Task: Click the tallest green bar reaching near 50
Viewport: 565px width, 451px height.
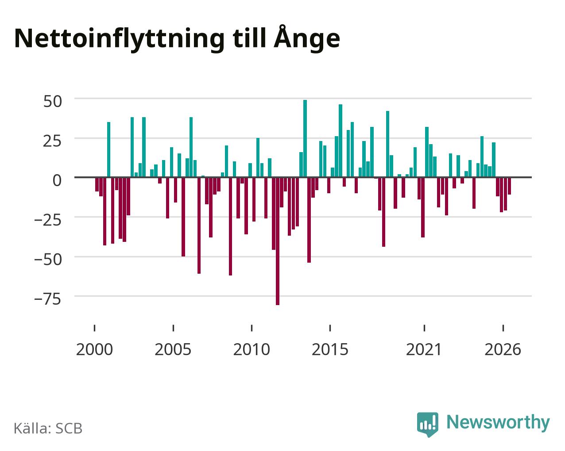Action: click(305, 138)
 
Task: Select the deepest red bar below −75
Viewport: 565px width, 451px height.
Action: click(278, 241)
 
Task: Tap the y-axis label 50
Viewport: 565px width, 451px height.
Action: click(53, 102)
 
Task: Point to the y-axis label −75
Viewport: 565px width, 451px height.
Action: click(48, 299)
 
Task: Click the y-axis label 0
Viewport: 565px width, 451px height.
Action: click(57, 180)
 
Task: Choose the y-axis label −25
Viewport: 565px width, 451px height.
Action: click(48, 220)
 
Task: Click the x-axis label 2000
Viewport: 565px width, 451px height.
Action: click(94, 349)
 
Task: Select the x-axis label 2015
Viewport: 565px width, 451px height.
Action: click(330, 349)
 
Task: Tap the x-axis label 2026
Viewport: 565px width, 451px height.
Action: click(503, 349)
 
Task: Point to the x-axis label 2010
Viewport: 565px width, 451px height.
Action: click(252, 349)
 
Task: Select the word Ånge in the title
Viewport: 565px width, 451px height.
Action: click(307, 38)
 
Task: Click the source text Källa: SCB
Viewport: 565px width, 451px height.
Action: click(48, 428)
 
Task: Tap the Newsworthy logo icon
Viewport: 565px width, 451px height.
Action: click(427, 424)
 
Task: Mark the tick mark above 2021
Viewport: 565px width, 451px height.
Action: click(425, 328)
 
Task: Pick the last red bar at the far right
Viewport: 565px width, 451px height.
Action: click(509, 186)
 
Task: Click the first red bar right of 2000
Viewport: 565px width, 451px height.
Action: click(97, 184)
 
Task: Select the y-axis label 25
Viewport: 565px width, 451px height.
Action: click(53, 141)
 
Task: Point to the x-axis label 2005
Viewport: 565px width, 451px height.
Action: click(173, 349)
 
